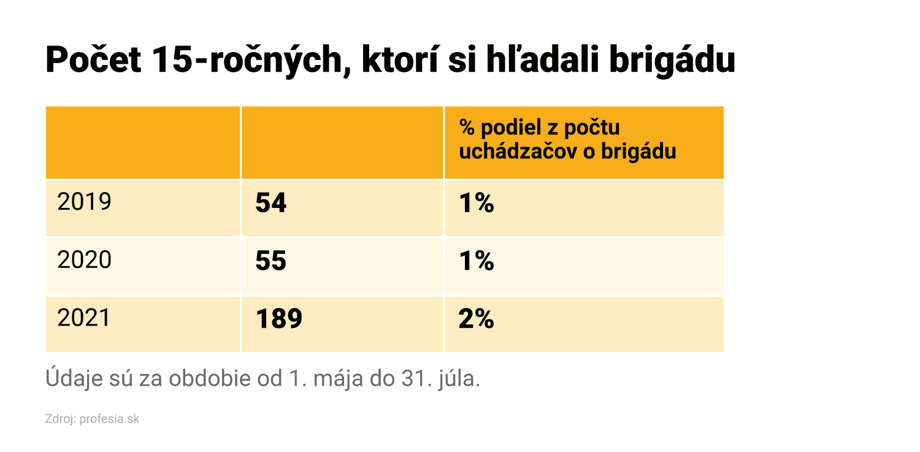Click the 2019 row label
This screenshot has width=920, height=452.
pos(84,202)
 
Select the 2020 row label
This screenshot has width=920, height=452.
pos(84,260)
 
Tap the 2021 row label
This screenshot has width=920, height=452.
pos(84,318)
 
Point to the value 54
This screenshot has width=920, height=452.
pos(271,204)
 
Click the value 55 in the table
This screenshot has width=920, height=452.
pos(271,261)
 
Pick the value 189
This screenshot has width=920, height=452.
pos(279,319)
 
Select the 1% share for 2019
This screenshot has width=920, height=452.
pos(477,204)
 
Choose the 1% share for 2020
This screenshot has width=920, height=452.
pos(477,261)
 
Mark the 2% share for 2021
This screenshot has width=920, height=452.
pos(477,319)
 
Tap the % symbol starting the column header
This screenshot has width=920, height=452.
pos(467,128)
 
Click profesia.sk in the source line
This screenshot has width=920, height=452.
pos(110,420)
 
